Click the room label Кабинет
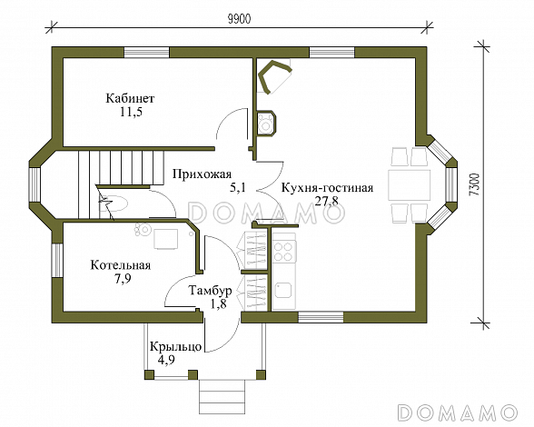pos(130,98)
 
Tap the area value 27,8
pos(327,201)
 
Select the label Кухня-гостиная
pos(327,188)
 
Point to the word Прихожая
pos(202,174)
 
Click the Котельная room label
pos(120,265)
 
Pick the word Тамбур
pos(211,291)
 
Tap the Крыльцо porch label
pos(176,346)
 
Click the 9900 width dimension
pos(239,19)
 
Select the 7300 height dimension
pos(474,184)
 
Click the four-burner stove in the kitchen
pos(284,252)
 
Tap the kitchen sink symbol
pos(283,291)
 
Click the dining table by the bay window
pos(409,185)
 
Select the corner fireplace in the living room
pos(274,75)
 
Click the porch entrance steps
pos(222,395)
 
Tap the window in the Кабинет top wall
pos(146,53)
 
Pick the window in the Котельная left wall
pos(57,260)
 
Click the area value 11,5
pos(131,112)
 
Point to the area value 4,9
pos(166,360)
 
